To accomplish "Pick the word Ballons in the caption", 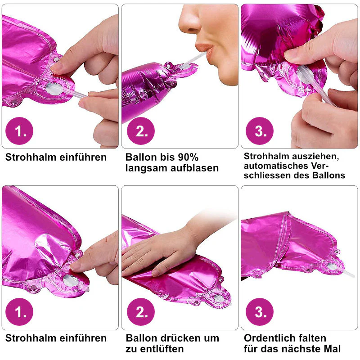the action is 328,175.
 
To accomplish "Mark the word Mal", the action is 332,349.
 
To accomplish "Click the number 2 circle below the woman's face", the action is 141,131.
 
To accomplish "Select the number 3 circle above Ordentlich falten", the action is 260,312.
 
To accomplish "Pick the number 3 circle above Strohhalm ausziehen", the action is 260,131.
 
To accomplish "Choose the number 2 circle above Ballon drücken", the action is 141,312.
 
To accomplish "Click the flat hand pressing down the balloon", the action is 161,250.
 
